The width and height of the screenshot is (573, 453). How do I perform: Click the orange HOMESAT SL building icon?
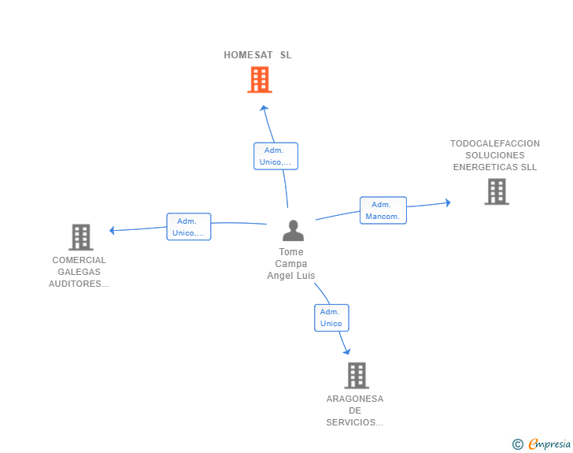[x=260, y=80]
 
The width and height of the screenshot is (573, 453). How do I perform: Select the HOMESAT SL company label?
[x=257, y=55]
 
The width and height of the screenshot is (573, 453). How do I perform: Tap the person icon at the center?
[x=293, y=230]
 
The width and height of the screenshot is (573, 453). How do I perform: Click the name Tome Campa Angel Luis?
[x=291, y=263]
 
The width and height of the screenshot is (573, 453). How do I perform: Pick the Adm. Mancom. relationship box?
[x=383, y=210]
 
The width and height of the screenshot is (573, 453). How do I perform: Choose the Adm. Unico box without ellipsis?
[x=331, y=317]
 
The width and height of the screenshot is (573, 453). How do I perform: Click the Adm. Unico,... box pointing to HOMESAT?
[x=276, y=156]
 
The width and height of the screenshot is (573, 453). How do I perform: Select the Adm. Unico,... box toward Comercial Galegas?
[x=189, y=227]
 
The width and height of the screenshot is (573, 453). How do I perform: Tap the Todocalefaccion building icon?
[x=497, y=191]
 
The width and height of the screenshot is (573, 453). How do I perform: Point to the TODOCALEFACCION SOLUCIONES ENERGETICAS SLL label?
[x=495, y=155]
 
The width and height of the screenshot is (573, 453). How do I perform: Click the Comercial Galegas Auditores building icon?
[x=81, y=237]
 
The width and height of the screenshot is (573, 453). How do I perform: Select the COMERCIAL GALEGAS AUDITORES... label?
[x=79, y=272]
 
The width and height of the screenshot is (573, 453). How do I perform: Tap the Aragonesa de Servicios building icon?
[x=357, y=376]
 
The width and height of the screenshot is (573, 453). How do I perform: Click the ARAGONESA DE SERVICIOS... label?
[x=355, y=410]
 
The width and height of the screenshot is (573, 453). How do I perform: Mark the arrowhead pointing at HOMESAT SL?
[x=264, y=108]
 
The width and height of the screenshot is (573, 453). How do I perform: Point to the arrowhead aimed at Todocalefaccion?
[x=448, y=202]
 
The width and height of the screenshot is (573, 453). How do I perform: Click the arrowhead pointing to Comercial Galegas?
[x=113, y=230]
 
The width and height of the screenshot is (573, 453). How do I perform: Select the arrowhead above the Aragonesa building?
[x=347, y=351]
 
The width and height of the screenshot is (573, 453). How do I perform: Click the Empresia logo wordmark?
[x=549, y=444]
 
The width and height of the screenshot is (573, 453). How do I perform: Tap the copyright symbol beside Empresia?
[x=517, y=444]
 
